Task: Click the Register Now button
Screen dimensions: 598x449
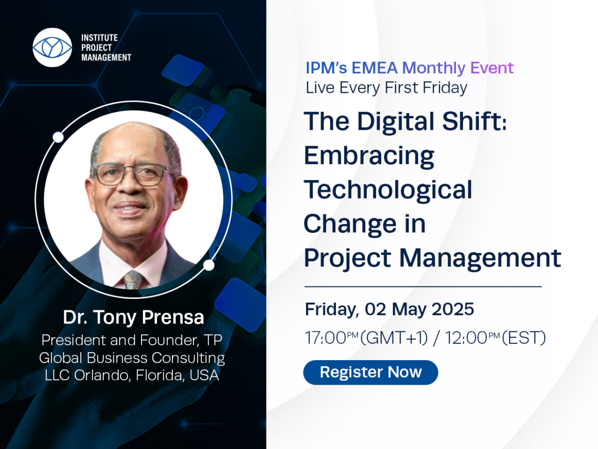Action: tap(370, 372)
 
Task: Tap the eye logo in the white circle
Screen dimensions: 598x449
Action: tap(52, 47)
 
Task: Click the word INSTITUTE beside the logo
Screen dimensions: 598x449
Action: tap(100, 37)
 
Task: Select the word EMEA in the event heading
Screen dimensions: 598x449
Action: tap(374, 68)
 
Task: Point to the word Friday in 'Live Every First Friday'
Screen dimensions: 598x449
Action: tap(445, 88)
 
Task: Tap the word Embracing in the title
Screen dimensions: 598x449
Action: tap(369, 156)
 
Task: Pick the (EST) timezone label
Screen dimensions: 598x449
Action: tap(524, 338)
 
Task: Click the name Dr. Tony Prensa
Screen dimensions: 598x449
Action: tap(133, 317)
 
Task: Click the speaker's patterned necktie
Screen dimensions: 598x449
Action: tap(133, 280)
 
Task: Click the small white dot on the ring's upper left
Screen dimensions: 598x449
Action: tap(58, 137)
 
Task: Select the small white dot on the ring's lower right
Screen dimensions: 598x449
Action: tap(209, 265)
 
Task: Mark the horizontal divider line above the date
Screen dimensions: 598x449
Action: tap(423, 286)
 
